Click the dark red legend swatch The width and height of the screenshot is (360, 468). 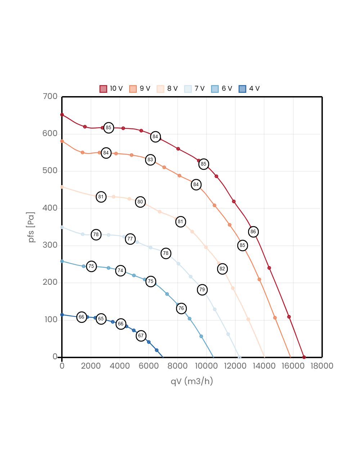tap(103, 89)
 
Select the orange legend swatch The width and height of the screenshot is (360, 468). tap(133, 89)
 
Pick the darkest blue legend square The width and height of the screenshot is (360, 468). tap(242, 89)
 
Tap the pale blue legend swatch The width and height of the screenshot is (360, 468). tap(188, 89)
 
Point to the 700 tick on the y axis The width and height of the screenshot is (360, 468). tap(50, 96)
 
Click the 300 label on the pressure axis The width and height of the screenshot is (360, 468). tap(50, 245)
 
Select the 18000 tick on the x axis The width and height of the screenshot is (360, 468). tap(322, 366)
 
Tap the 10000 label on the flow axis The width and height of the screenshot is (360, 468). tap(206, 366)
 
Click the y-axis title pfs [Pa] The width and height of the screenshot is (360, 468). tap(32, 227)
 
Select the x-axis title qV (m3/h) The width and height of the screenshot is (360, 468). tap(192, 381)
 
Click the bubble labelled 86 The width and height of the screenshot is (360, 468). tap(253, 232)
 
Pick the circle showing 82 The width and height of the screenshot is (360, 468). tap(222, 269)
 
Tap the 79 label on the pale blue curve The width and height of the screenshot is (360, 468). tap(202, 290)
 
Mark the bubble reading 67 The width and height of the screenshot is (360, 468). tap(141, 336)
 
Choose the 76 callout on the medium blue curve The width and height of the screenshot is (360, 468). tap(181, 309)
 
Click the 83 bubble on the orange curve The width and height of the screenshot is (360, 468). tap(150, 160)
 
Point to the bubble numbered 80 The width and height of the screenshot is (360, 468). tap(140, 202)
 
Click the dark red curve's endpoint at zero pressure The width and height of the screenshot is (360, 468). tap(304, 357)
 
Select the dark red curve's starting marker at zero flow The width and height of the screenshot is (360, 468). tap(62, 115)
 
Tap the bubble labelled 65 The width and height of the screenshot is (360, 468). tap(101, 319)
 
